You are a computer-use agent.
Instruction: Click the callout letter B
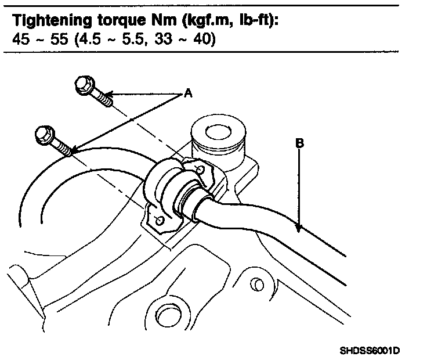(299, 142)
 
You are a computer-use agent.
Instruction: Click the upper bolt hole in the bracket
(200, 170)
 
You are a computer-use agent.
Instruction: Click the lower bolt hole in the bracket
(160, 221)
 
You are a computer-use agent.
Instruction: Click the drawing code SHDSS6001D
(370, 351)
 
